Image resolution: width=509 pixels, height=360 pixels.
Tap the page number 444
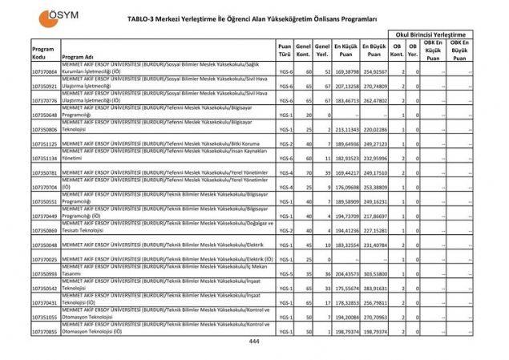click(254, 341)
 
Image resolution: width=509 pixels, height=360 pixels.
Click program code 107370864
click(45, 72)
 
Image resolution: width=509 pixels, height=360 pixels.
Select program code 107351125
click(45, 144)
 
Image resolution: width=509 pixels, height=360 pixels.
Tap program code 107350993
click(45, 273)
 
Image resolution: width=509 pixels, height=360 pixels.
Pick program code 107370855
click(45, 331)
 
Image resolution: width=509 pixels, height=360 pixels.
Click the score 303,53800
click(374, 273)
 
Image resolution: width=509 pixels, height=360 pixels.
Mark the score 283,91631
click(374, 288)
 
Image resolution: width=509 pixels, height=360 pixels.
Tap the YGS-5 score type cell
click(285, 273)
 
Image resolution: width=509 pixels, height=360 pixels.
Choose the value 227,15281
click(374, 230)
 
